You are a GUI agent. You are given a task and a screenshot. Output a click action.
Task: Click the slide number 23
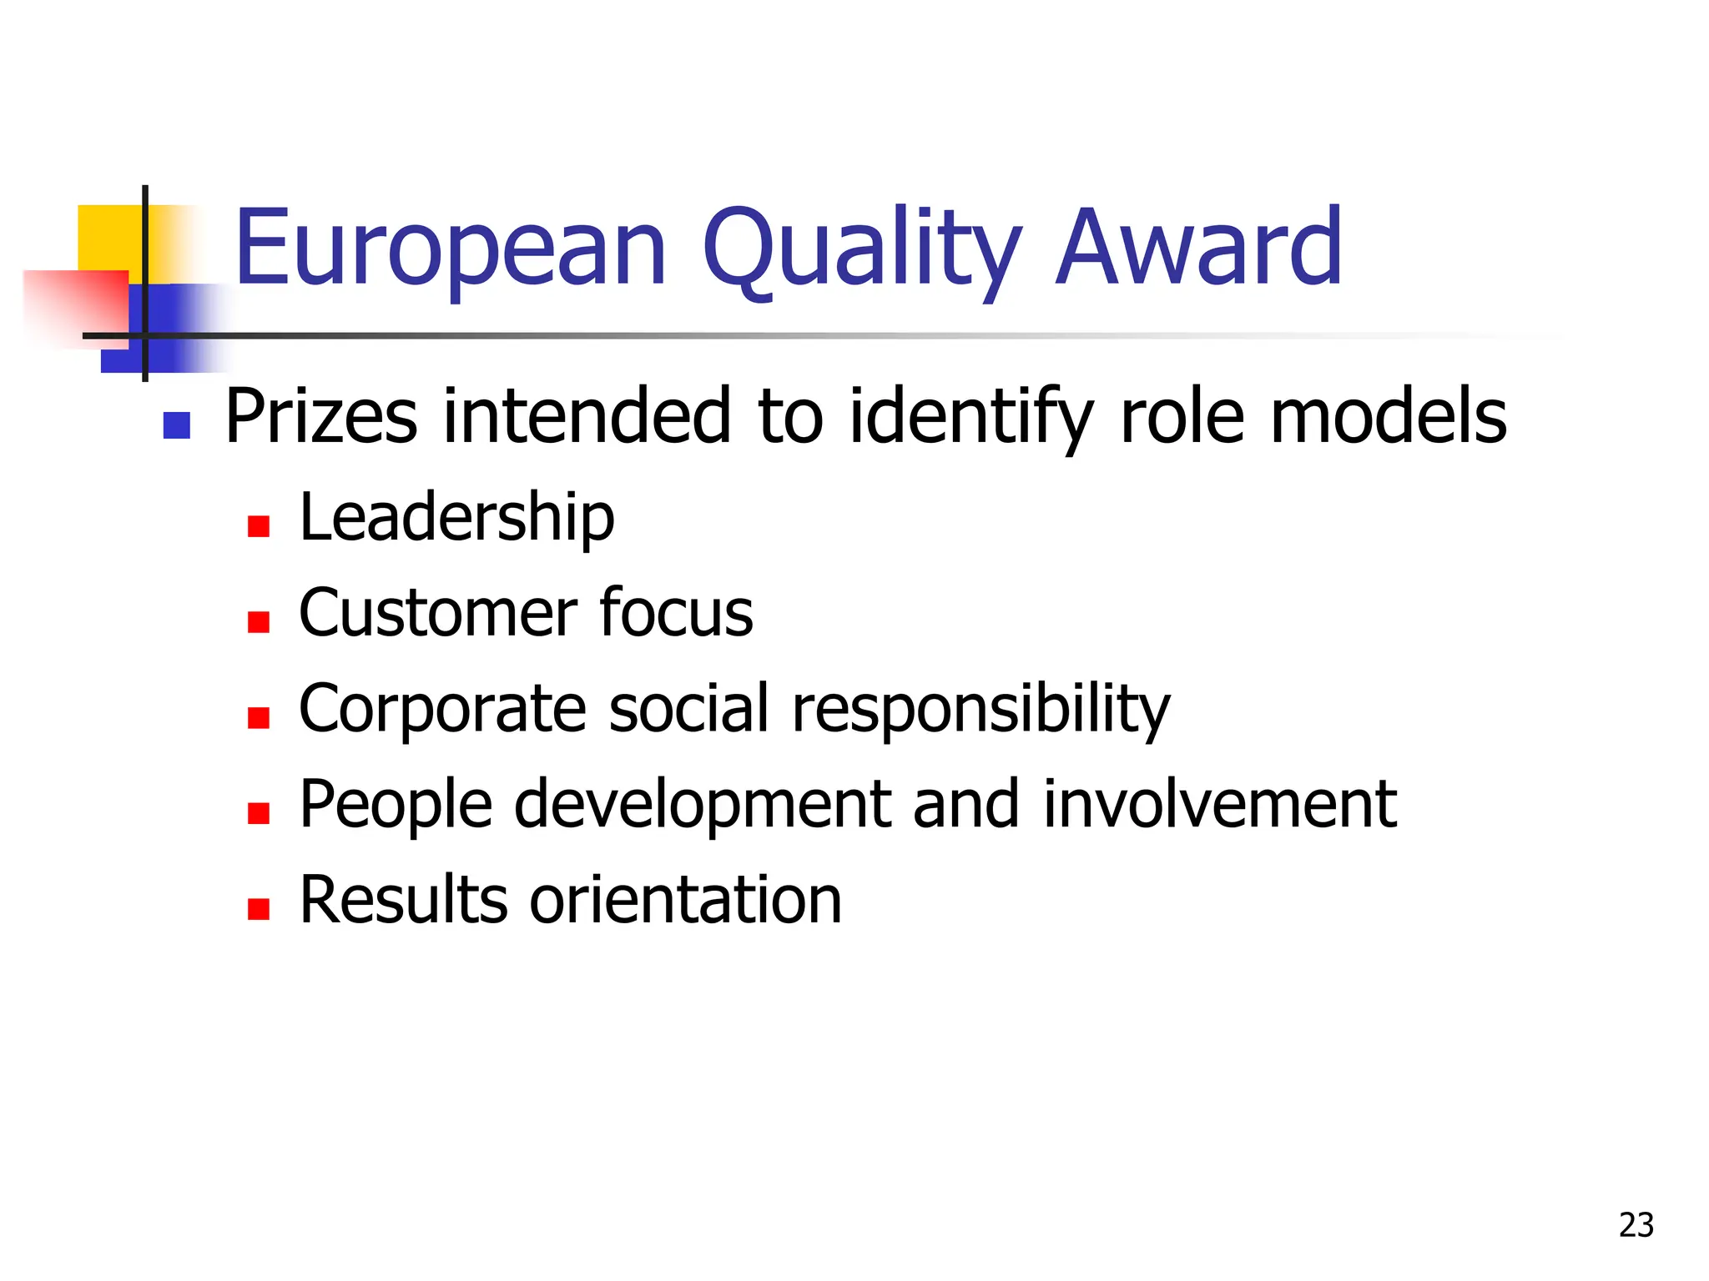1636,1225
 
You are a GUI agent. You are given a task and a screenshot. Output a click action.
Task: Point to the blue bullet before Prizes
177,426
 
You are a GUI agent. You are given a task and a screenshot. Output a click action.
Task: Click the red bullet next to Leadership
259,526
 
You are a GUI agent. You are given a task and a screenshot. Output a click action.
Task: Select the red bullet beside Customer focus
259,622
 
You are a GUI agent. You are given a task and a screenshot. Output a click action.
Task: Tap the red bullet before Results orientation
259,909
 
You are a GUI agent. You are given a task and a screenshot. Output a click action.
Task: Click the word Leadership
456,519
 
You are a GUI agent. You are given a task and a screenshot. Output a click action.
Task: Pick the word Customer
437,614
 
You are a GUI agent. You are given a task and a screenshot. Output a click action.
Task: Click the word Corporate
442,709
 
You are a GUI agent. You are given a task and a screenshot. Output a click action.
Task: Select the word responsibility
981,711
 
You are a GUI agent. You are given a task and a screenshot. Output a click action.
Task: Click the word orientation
685,901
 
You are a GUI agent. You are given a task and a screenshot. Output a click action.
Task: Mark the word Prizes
321,416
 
